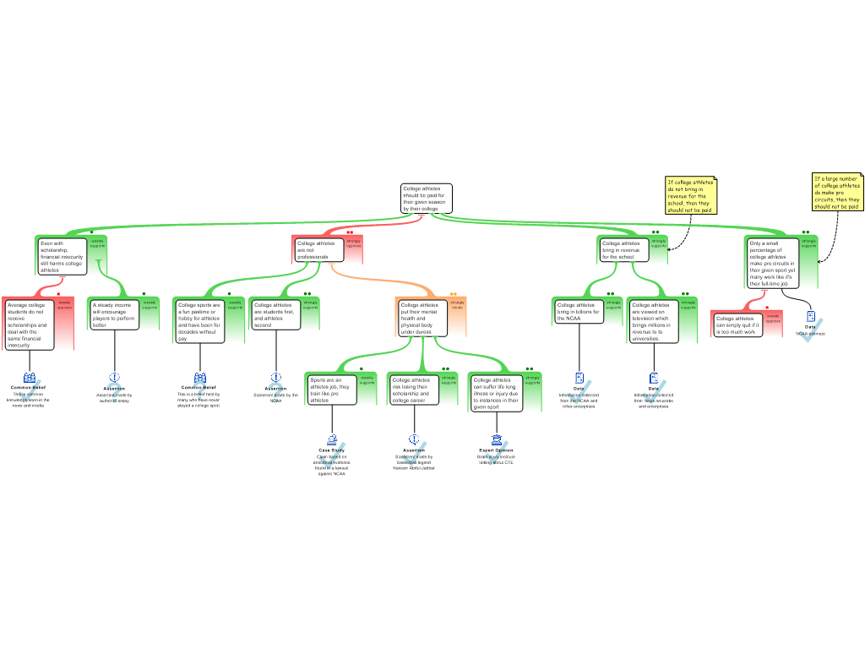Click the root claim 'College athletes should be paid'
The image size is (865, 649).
point(426,199)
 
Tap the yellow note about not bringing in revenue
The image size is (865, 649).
point(690,195)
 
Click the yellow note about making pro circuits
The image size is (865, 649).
point(836,192)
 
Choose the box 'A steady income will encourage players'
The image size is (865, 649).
point(114,314)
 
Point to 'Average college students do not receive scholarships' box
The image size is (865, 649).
point(30,324)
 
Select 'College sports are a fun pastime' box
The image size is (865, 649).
point(199,320)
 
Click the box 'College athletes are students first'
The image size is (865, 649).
point(275,314)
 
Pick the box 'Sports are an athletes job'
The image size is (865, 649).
point(331,390)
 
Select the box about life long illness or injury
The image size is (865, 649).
point(496,393)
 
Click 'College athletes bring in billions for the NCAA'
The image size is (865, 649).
point(578,311)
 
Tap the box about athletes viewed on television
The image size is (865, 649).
point(653,320)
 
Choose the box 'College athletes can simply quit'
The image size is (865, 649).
point(737,324)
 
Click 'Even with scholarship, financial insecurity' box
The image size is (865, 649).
point(63,256)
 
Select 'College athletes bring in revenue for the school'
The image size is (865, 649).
point(623,249)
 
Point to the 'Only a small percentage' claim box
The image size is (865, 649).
point(772,263)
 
